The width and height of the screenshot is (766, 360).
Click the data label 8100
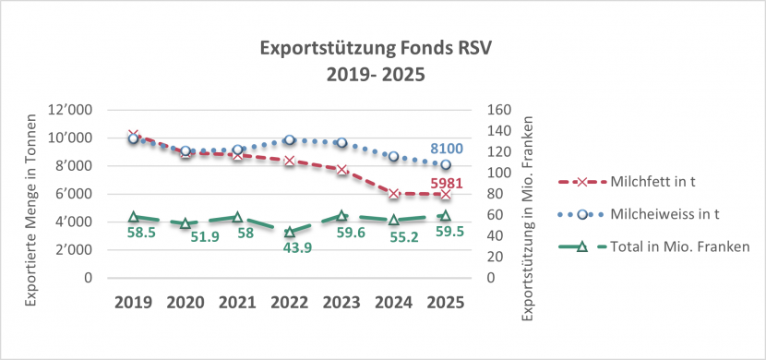[x=447, y=149]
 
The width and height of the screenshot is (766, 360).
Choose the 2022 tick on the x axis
[x=290, y=301]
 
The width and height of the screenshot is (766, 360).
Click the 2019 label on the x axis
[x=134, y=301]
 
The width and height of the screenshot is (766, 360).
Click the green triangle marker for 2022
[x=290, y=232]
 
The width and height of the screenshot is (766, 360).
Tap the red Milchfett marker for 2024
[x=394, y=194]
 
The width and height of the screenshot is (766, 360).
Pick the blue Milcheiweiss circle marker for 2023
[x=341, y=143]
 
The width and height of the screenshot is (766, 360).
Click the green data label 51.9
[x=186, y=237]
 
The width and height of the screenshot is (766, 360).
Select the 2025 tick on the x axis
[x=446, y=301]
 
